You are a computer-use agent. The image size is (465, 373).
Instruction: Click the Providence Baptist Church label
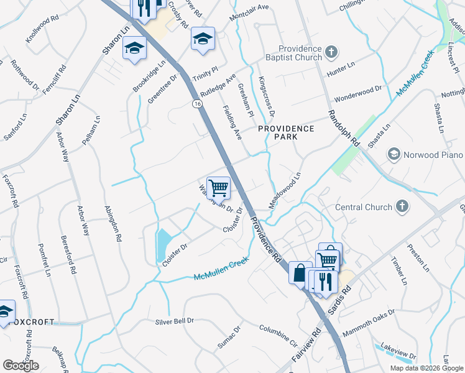[x=300, y=53]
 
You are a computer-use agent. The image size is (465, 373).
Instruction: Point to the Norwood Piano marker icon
[x=394, y=154]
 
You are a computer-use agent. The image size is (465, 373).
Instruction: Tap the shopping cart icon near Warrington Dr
[x=218, y=187]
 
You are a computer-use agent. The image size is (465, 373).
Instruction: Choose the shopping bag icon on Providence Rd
[x=300, y=273]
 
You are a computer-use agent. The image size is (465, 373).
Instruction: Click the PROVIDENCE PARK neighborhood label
[x=287, y=132]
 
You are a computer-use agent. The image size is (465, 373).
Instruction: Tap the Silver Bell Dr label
[x=175, y=321]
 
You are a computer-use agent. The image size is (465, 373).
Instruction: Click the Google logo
[x=21, y=366]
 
